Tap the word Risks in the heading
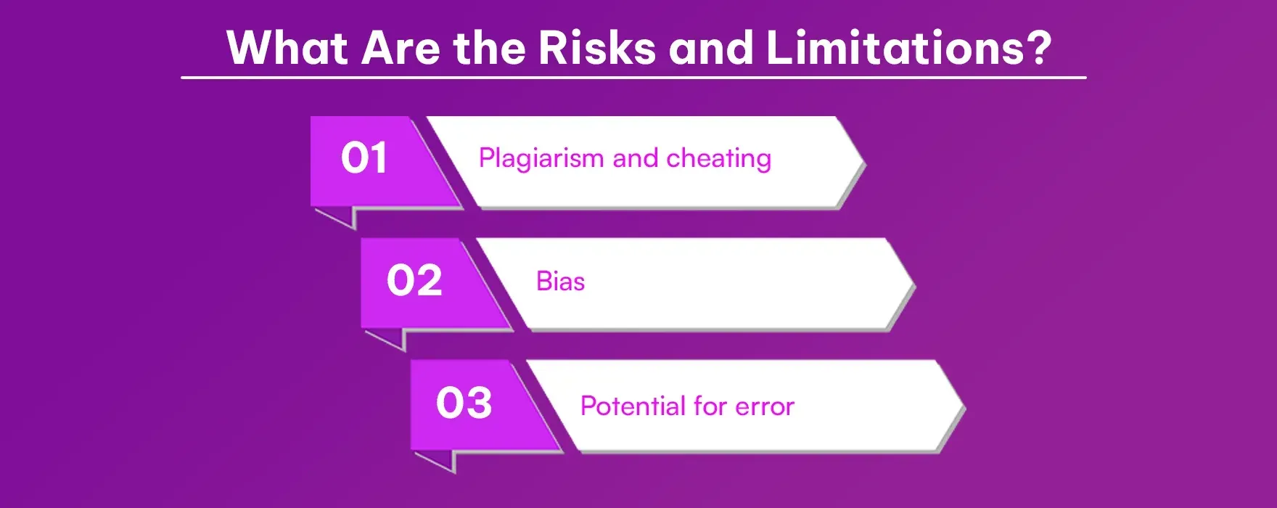(596, 48)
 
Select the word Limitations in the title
(897, 48)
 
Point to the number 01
(364, 158)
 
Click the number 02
(414, 281)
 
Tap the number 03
(464, 403)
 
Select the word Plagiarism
(541, 159)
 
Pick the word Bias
(560, 282)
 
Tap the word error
(765, 407)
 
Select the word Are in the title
(401, 48)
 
